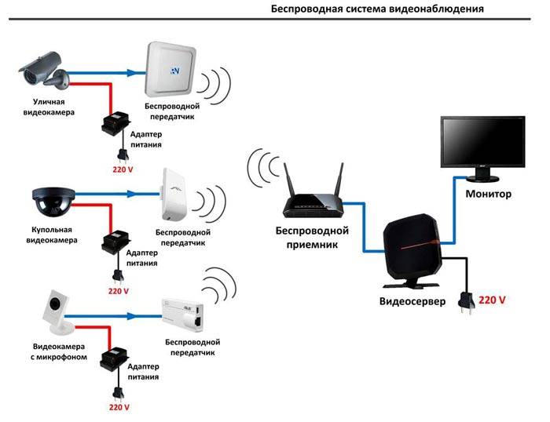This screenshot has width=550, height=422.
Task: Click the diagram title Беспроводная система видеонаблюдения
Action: click(x=377, y=9)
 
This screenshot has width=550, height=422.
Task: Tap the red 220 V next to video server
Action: click(x=493, y=300)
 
